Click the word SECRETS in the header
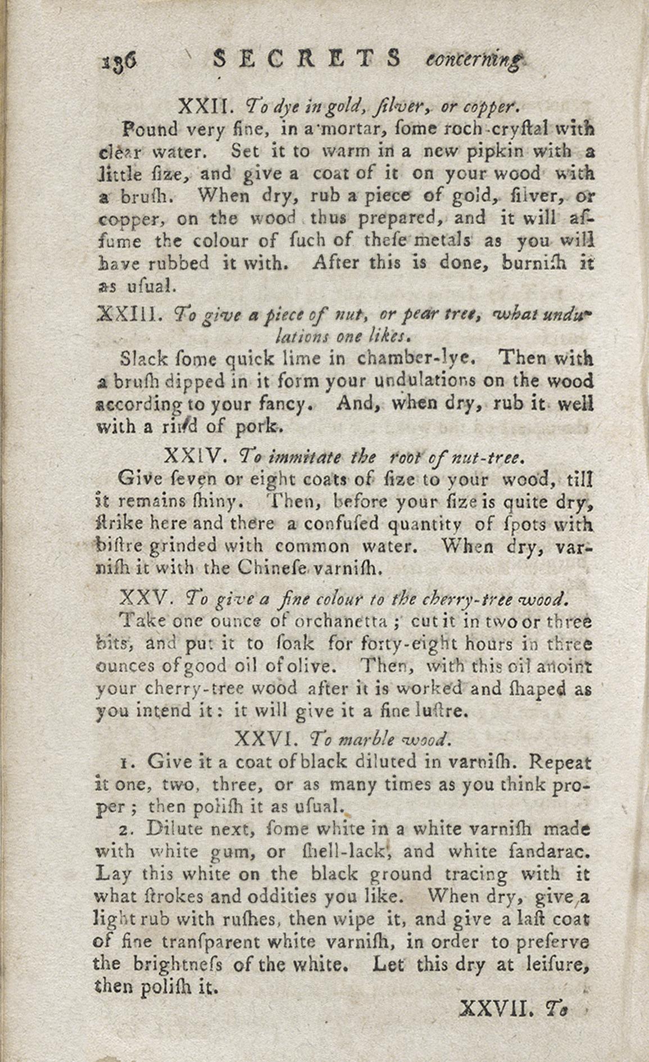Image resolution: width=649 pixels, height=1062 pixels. click(x=307, y=58)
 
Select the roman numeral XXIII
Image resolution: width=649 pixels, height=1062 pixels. click(x=130, y=313)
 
